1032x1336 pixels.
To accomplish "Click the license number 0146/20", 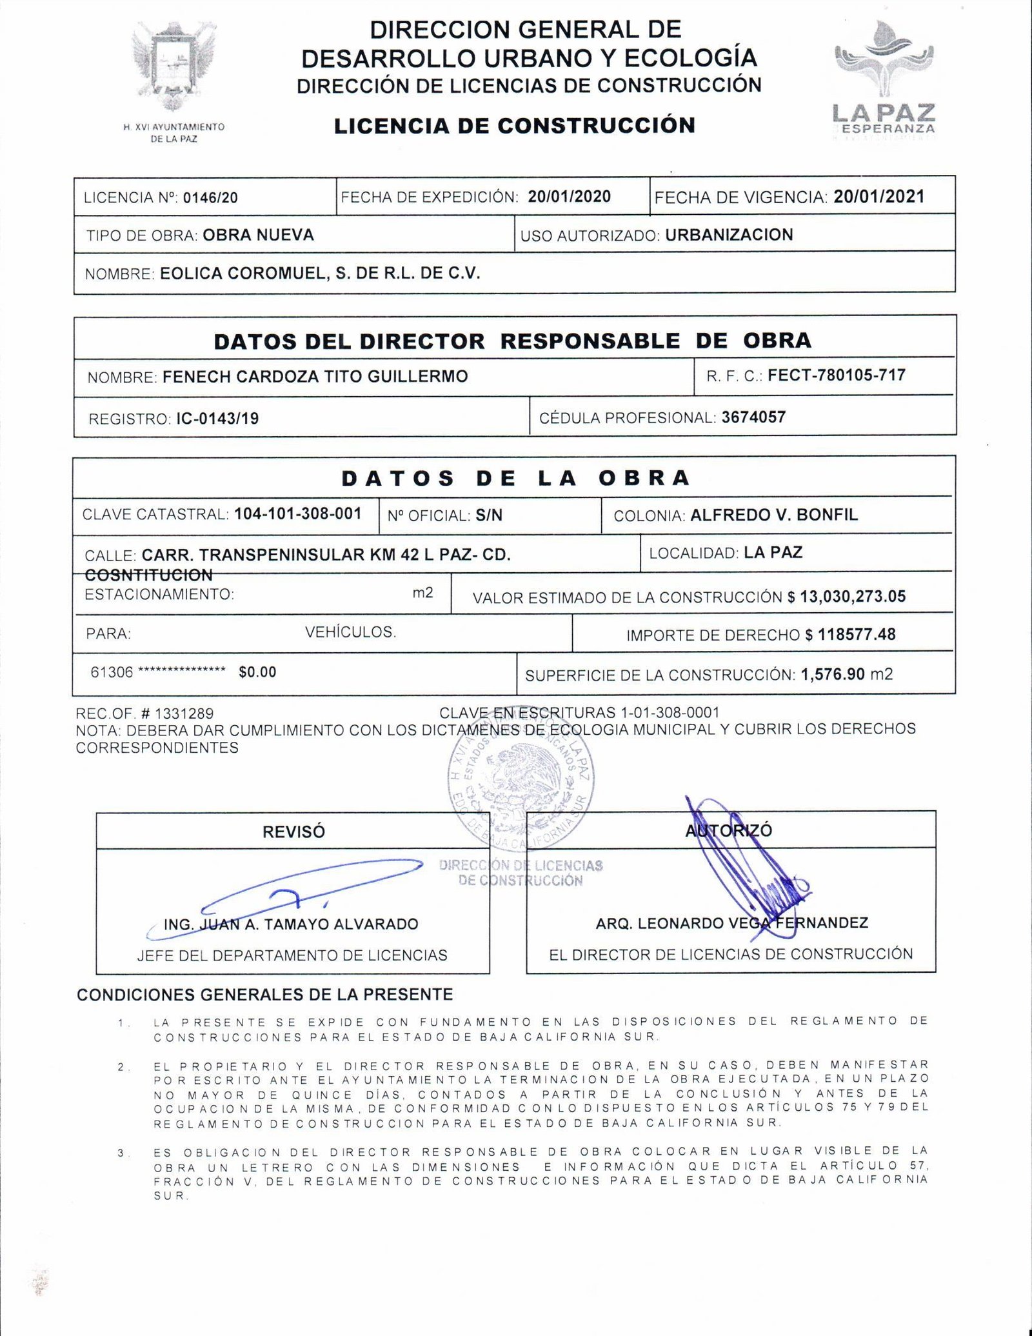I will pos(210,197).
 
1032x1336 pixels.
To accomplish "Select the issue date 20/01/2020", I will pos(569,196).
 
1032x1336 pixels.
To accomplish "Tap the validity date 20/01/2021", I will pos(878,196).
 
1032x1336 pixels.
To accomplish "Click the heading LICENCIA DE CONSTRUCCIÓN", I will pos(515,125).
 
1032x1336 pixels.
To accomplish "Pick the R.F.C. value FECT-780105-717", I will pos(837,375).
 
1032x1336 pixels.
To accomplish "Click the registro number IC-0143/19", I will pos(217,419).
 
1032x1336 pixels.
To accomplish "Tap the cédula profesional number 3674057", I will pos(753,417).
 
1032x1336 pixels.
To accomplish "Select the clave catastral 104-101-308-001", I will pos(298,513).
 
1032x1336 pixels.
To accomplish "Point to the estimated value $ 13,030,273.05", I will pos(846,596).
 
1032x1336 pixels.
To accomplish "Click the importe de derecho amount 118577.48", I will pos(857,634).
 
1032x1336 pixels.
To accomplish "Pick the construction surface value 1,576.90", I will pos(833,674).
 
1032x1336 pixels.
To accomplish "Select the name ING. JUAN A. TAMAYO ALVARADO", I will pos(291,924).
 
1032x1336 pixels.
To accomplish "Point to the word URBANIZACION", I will pos(729,234).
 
